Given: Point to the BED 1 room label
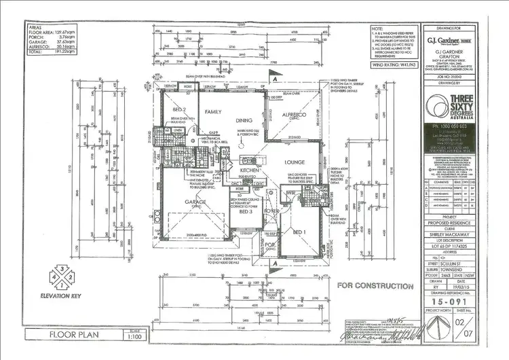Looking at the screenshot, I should pos(299,232).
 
